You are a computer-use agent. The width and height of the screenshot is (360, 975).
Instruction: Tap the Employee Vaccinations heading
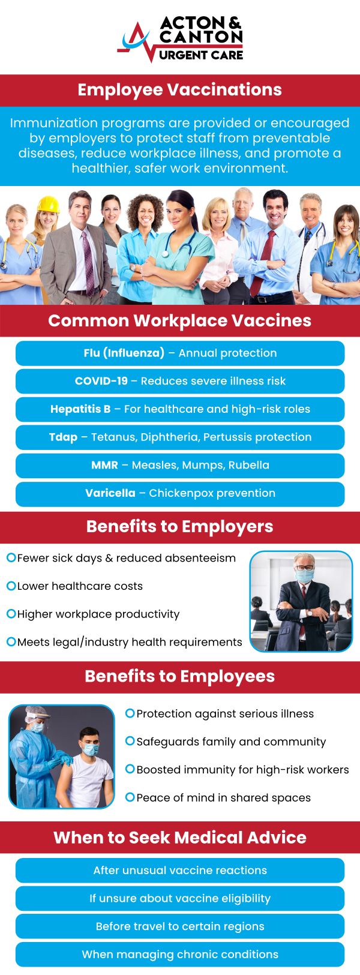click(x=180, y=90)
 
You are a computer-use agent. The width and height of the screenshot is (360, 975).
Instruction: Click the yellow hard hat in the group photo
click(x=48, y=205)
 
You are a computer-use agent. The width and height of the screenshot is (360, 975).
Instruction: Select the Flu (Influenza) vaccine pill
click(x=180, y=353)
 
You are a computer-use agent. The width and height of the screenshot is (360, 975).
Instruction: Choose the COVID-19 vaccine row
click(x=180, y=381)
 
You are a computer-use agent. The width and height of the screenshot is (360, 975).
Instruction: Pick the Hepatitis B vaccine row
click(x=180, y=409)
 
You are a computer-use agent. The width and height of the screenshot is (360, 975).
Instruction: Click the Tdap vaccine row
click(x=180, y=437)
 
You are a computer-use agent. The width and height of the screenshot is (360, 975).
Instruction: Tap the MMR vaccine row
click(x=180, y=465)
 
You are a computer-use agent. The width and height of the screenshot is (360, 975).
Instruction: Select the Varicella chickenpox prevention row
click(x=180, y=493)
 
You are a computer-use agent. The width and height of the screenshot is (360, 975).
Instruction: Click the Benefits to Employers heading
click(x=180, y=527)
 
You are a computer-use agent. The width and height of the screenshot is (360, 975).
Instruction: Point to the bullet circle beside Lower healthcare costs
click(x=11, y=586)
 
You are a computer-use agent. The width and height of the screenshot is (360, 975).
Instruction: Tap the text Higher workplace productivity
click(x=98, y=614)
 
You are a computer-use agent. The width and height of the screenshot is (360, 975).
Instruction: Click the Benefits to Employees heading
click(x=180, y=677)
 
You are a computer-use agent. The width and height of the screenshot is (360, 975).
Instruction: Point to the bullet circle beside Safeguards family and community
click(x=130, y=741)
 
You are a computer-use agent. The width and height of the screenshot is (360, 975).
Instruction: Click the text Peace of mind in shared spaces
click(x=223, y=798)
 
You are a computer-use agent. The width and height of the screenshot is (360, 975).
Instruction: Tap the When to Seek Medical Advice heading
click(x=180, y=838)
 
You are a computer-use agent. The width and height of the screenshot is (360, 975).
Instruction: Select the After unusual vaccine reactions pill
click(x=180, y=871)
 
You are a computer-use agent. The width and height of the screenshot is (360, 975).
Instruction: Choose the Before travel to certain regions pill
click(x=180, y=926)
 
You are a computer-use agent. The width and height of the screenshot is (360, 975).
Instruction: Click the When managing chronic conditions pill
click(x=180, y=955)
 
